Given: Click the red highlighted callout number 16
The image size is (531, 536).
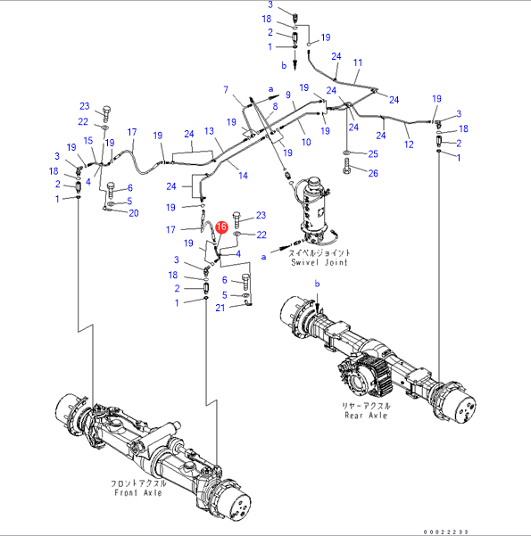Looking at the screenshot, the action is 221,227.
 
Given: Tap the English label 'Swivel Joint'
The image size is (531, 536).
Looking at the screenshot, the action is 319,262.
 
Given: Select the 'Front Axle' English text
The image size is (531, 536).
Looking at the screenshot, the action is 138,492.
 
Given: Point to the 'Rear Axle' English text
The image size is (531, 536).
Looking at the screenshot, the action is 366,415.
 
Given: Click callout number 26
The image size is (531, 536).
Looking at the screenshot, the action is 373,173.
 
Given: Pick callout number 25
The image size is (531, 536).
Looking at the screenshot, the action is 373,153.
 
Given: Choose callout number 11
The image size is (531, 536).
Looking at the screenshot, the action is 358,62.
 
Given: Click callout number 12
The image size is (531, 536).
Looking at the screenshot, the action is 409,144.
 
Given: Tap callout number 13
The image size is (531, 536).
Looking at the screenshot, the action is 209,131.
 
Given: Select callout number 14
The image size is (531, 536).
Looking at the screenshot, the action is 243,176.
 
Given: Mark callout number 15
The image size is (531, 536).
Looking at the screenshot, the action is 88,141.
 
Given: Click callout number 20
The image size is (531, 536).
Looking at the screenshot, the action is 134,213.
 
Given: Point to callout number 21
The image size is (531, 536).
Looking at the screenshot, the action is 220,308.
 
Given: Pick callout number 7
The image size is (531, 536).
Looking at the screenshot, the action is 226,89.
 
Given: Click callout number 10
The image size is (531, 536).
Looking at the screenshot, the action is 306,142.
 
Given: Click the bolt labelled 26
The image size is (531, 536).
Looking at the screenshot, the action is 346,167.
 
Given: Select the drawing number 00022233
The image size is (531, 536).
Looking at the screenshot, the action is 446,532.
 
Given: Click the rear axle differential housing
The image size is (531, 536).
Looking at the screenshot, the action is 365,373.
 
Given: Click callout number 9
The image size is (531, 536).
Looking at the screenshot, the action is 288,95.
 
